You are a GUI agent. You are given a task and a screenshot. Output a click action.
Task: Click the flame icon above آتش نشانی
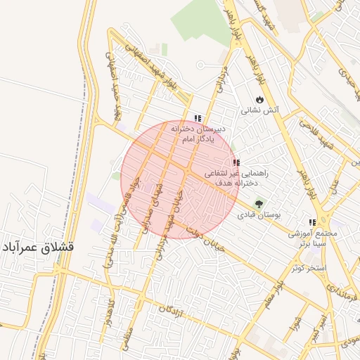click(260, 99)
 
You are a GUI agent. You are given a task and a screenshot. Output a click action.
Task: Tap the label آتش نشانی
click(260, 110)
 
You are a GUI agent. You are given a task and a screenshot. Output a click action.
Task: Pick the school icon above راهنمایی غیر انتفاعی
click(236, 162)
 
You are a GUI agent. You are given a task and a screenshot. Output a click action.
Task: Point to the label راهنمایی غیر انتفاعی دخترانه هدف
click(236, 176)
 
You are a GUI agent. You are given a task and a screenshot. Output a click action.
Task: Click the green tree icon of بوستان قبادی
click(259, 204)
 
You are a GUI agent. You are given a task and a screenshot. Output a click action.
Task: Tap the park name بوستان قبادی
click(259, 216)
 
